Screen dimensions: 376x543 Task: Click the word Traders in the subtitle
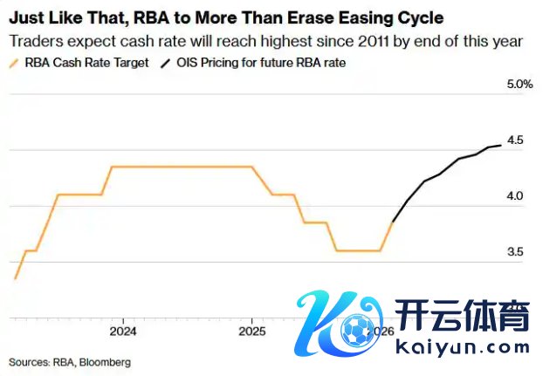(x=33, y=41)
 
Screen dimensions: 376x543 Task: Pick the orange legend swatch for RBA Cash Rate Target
(x=15, y=64)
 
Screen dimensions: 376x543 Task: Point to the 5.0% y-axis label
(x=519, y=85)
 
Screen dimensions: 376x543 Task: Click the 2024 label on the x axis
(x=123, y=332)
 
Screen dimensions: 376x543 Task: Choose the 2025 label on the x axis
(x=251, y=332)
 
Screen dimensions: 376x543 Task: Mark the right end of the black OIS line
(x=500, y=146)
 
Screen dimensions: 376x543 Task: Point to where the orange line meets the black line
(x=393, y=222)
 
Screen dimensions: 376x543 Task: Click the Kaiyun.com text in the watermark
(x=462, y=346)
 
